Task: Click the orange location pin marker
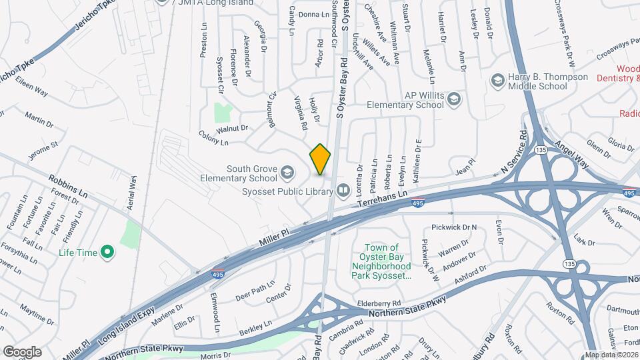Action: pos(321,159)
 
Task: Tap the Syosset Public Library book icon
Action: pos(343,191)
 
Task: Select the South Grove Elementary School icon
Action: pos(287,173)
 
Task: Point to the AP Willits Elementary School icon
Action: pos(454,99)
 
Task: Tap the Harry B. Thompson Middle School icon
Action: pos(497,81)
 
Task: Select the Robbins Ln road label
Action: pos(69,186)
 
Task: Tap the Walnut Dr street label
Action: pos(232,128)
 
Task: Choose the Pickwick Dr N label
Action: pos(454,227)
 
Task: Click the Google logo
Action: pos(22,351)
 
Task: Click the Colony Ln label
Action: pos(213,138)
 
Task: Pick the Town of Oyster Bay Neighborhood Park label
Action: pos(385,261)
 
